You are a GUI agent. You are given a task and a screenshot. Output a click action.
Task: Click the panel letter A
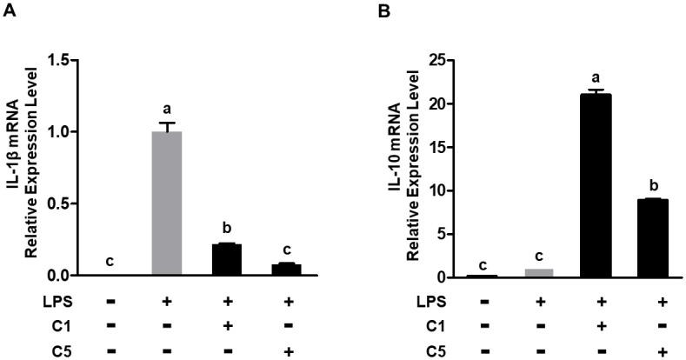(x=10, y=13)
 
